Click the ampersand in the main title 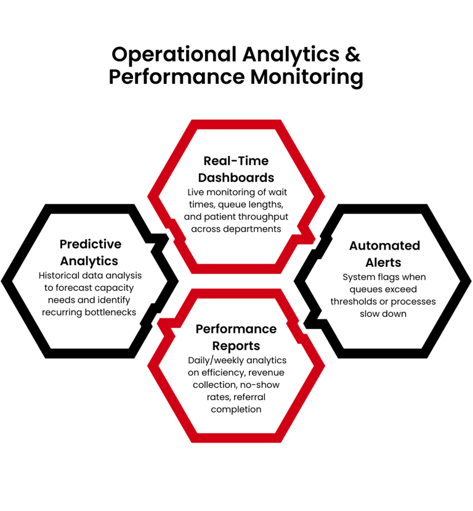(x=352, y=54)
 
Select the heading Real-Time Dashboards (x=236, y=169)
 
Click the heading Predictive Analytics (x=90, y=252)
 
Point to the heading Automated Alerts (x=384, y=253)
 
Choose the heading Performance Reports (x=236, y=337)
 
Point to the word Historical (x=62, y=276)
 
